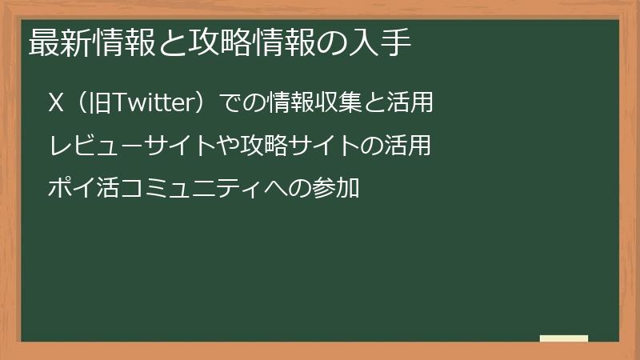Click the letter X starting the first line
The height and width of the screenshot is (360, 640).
[x=56, y=103]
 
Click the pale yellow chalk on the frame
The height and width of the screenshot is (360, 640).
[x=563, y=338]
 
